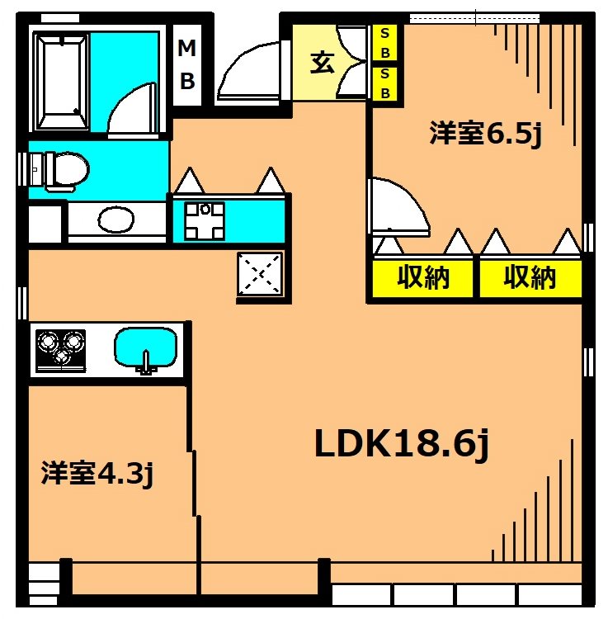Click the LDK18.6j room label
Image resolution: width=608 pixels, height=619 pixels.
(403, 445)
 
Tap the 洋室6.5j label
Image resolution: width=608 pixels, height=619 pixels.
(484, 135)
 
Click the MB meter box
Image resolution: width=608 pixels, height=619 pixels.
(187, 65)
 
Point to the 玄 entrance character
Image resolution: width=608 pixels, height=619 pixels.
(323, 63)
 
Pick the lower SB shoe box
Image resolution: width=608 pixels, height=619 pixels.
(384, 84)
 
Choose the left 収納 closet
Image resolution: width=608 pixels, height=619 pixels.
(423, 279)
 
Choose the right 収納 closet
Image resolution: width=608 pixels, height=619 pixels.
(530, 279)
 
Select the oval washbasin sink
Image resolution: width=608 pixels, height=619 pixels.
(115, 220)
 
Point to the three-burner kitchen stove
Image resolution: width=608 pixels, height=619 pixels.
(59, 347)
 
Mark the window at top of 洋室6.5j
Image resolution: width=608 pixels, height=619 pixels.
(474, 17)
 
